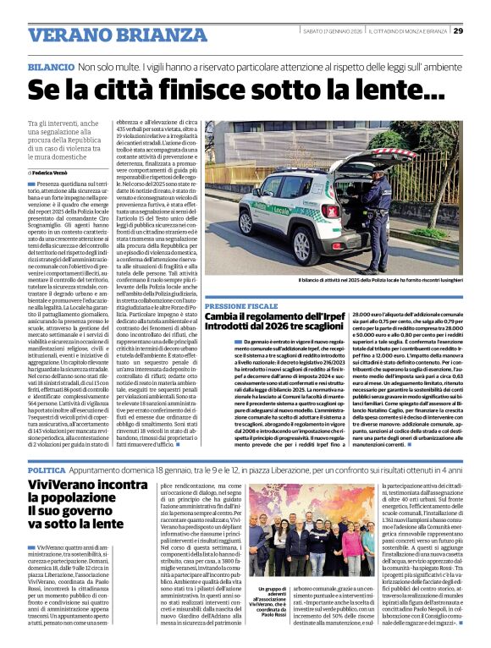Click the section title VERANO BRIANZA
[x=107, y=35]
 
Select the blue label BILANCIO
[x=51, y=66]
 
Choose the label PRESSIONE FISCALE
[x=240, y=304]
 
